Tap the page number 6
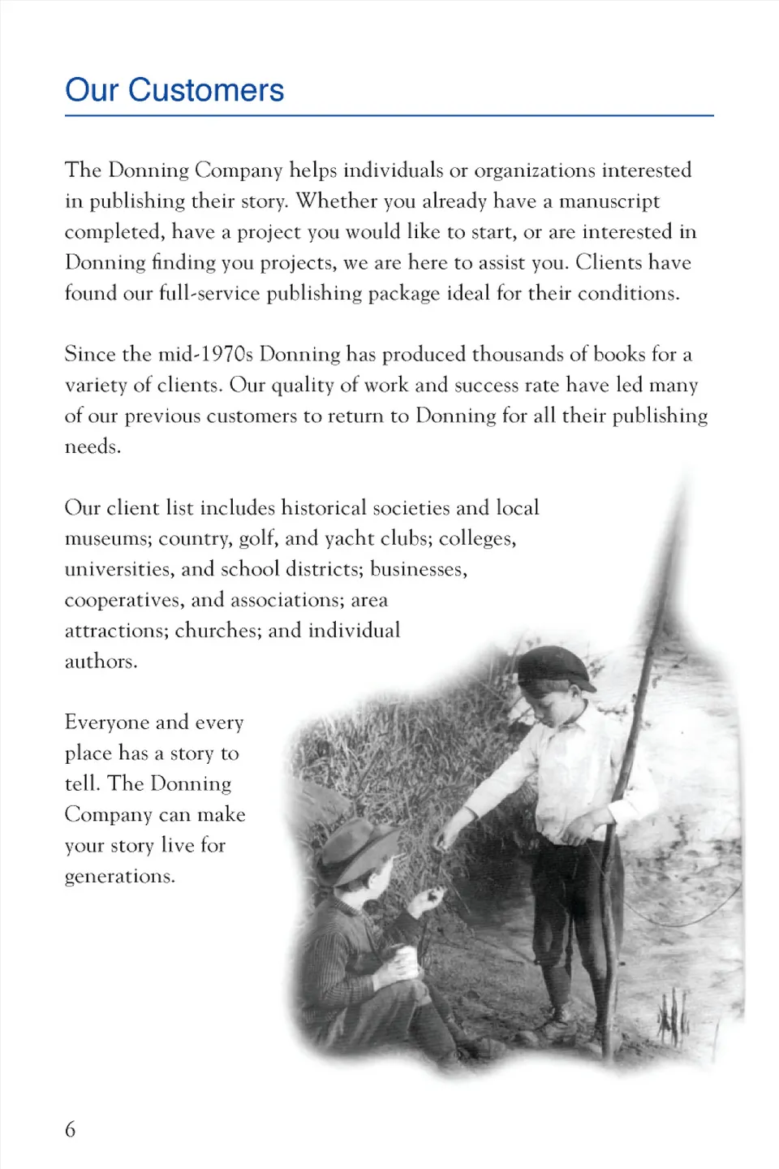pyautogui.click(x=71, y=1129)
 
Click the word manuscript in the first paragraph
pyautogui.click(x=609, y=201)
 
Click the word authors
pyautogui.click(x=101, y=662)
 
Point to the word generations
pyautogui.click(x=119, y=877)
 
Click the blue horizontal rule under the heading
pyautogui.click(x=389, y=116)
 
